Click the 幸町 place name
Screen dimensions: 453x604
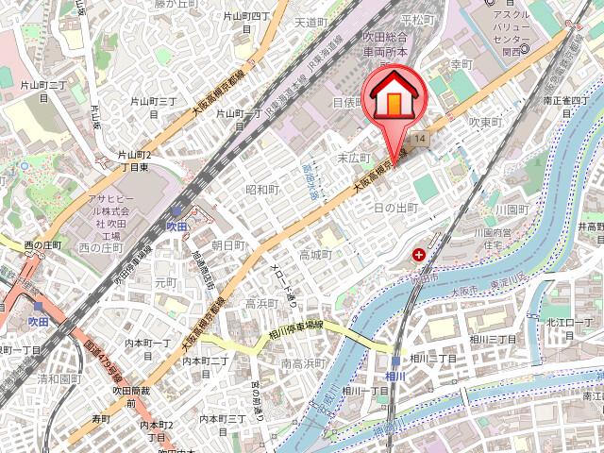pos(460,65)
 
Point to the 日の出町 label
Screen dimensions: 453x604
pos(395,207)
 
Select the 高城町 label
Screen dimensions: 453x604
pos(315,255)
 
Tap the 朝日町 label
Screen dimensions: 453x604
pos(228,245)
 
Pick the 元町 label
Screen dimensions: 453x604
pos(166,282)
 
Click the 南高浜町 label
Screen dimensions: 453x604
pos(303,362)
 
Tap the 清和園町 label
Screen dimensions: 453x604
pos(57,377)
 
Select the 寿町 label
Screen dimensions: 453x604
pos(101,417)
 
